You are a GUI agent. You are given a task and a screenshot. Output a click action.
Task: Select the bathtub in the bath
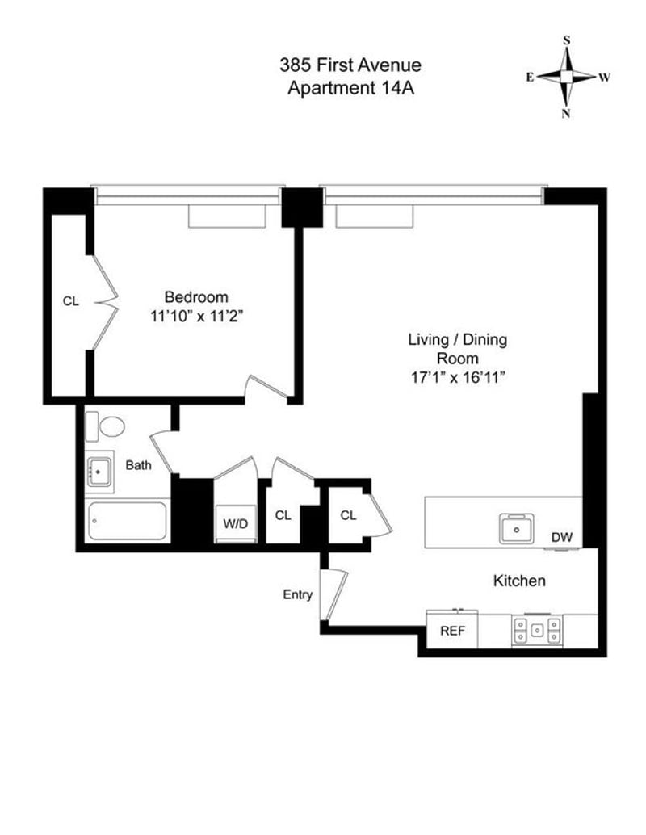pyautogui.click(x=127, y=522)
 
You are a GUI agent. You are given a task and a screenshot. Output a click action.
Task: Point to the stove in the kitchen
pyautogui.click(x=536, y=630)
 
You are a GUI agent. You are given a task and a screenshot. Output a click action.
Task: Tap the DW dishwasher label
pyautogui.click(x=562, y=537)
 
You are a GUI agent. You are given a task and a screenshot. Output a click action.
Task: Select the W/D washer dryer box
pyautogui.click(x=236, y=523)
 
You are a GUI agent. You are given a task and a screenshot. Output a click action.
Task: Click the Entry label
pyautogui.click(x=297, y=595)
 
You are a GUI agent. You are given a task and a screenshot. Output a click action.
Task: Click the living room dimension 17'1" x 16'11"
pyautogui.click(x=457, y=376)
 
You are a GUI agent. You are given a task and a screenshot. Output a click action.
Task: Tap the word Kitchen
pyautogui.click(x=519, y=581)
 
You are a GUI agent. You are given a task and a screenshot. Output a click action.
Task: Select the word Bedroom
pyautogui.click(x=196, y=296)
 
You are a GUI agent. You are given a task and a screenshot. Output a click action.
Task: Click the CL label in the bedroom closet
pyautogui.click(x=71, y=301)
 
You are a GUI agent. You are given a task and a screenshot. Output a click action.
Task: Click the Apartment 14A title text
pyautogui.click(x=350, y=88)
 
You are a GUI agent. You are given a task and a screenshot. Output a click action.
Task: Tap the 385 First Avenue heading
pyautogui.click(x=350, y=65)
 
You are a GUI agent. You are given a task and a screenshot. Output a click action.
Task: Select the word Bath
pyautogui.click(x=138, y=465)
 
